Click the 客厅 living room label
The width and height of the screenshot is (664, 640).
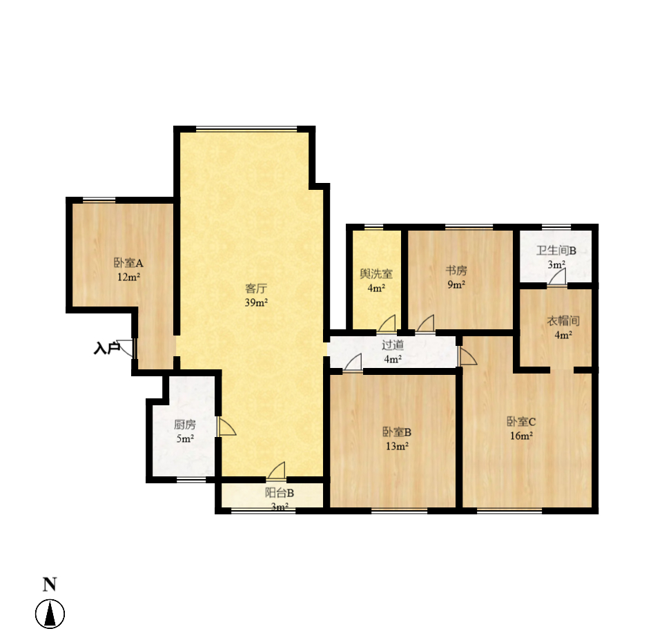[x=256, y=289]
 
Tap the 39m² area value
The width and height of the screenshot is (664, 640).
[x=256, y=302]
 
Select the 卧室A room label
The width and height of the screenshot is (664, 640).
[x=129, y=263]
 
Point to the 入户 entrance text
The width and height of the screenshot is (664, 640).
[x=106, y=349]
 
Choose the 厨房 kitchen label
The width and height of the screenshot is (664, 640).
[x=184, y=424]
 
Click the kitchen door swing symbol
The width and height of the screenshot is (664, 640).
[x=227, y=427]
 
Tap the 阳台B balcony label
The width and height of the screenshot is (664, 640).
[x=280, y=493]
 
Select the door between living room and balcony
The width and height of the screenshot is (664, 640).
[x=276, y=471]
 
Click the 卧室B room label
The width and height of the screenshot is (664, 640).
[x=397, y=432]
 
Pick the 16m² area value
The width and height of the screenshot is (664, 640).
[x=521, y=436]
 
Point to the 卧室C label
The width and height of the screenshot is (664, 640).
[x=521, y=421]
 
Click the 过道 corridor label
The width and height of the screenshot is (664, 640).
[x=393, y=345]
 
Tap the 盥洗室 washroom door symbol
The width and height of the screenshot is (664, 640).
[x=387, y=323]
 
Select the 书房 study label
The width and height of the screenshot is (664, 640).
[x=456, y=270]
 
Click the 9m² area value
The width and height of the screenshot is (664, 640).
[x=456, y=284]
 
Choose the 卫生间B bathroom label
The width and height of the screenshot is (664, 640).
[x=556, y=251]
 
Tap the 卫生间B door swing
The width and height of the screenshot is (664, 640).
[x=557, y=278]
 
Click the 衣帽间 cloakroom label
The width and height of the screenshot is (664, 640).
[x=563, y=321]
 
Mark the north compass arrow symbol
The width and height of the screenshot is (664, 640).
[x=50, y=614]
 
